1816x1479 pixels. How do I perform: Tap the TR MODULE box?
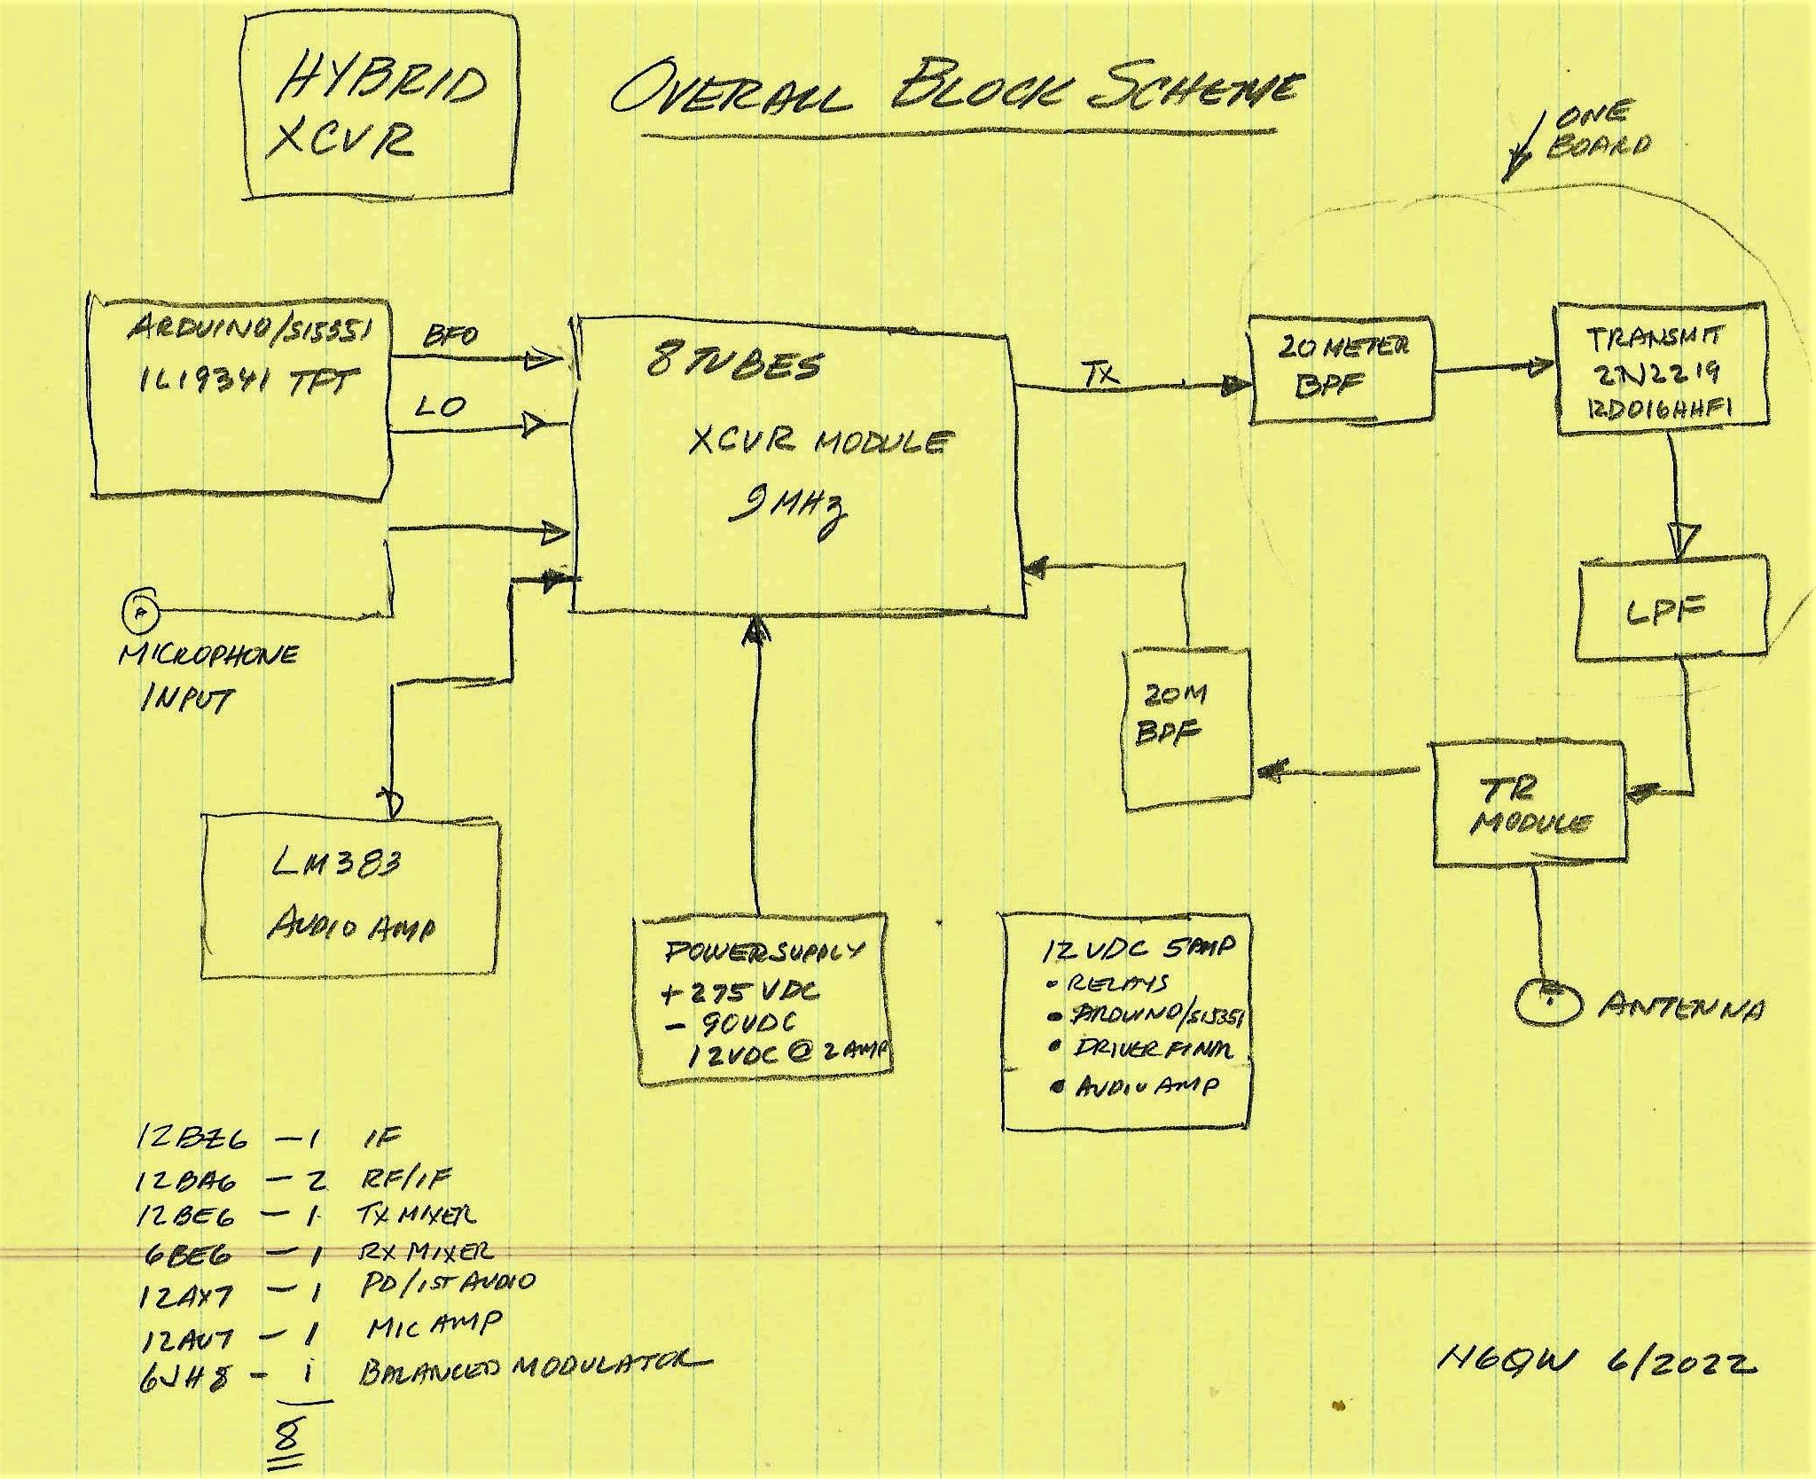(1530, 804)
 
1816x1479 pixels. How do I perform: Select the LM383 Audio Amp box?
(350, 899)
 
